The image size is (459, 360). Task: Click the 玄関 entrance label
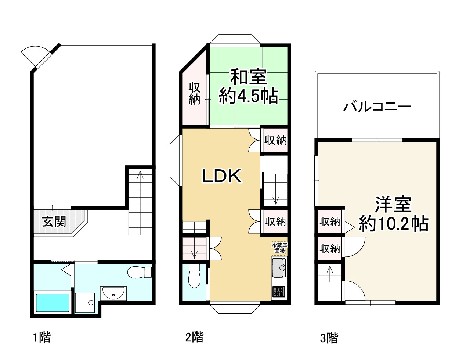tap(54, 222)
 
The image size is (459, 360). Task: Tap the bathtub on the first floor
tap(52, 302)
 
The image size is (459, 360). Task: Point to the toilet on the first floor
tap(140, 272)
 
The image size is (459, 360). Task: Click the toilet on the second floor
tap(194, 276)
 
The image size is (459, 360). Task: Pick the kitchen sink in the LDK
tap(279, 268)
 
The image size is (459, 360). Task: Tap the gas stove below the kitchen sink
tap(279, 292)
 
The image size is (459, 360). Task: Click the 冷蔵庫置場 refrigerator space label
tap(279, 248)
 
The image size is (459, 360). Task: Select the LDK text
tap(222, 176)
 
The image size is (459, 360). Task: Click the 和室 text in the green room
tap(248, 78)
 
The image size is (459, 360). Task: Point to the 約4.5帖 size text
tap(248, 97)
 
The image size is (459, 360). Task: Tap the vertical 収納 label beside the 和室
tap(194, 93)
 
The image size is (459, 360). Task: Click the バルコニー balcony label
tap(377, 107)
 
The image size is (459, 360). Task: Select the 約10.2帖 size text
tap(393, 223)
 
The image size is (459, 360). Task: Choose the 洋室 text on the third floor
tap(393, 204)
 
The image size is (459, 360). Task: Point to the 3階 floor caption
tap(329, 338)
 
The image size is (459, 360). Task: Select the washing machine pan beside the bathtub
tap(86, 302)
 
